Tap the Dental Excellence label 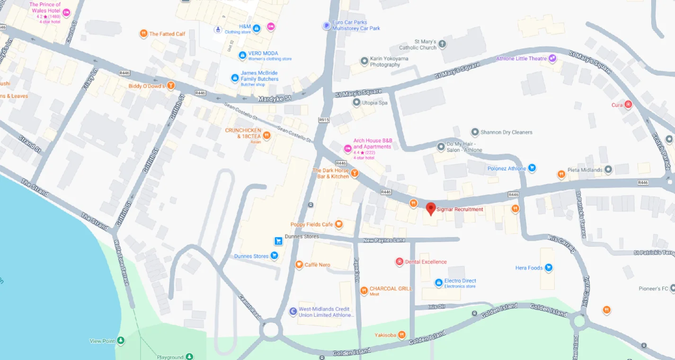426,262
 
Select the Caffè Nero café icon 299,265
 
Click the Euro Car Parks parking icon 326,26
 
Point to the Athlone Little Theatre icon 552,59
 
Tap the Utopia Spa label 375,103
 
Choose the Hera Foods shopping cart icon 548,268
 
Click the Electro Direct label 460,281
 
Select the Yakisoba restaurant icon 402,335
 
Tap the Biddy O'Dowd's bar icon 171,86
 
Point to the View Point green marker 121,341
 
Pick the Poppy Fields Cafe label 311,224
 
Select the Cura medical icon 628,105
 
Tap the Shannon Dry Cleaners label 506,132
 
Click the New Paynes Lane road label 384,241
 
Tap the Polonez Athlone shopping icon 532,168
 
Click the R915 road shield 324,120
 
